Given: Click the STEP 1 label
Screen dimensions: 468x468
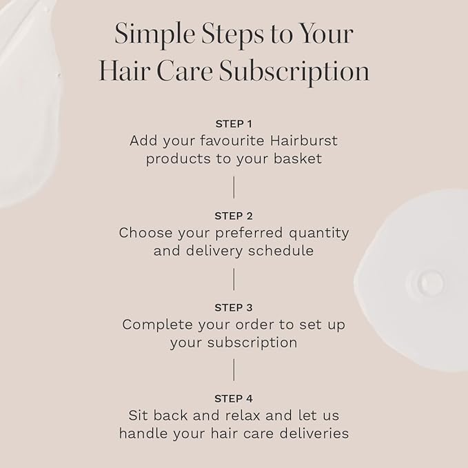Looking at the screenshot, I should pyautogui.click(x=234, y=124).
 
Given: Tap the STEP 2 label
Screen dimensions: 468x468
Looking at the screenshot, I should pyautogui.click(x=234, y=216).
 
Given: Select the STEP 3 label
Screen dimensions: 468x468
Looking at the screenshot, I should pyautogui.click(x=234, y=307).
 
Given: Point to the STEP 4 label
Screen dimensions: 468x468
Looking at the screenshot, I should pyautogui.click(x=234, y=398).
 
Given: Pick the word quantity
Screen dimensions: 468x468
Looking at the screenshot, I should pyautogui.click(x=317, y=233).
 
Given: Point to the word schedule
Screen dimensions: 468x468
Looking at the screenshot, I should pyautogui.click(x=281, y=250).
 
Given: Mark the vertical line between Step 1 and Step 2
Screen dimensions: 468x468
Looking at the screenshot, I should pyautogui.click(x=234, y=187).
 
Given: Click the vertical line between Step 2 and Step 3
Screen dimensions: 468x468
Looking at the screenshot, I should pyautogui.click(x=234, y=278).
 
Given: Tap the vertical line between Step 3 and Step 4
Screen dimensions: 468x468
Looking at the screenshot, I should pyautogui.click(x=234, y=370).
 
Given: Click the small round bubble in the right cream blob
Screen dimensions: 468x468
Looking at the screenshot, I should pyautogui.click(x=430, y=281).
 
